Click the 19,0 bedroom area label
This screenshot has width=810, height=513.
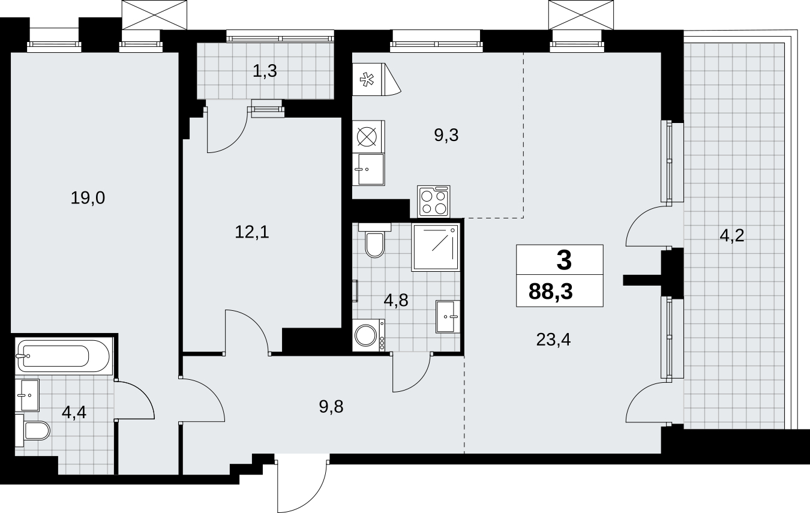point(88,198)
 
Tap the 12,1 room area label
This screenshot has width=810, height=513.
point(252,232)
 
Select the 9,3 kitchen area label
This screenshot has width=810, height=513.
point(446,135)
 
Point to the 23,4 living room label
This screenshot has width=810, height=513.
point(553,340)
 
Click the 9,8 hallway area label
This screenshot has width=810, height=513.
point(331,407)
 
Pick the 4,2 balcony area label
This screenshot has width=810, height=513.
point(732,236)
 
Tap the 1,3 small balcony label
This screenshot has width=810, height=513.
point(265,71)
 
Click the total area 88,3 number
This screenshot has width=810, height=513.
point(551,292)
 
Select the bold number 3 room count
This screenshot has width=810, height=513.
point(564,260)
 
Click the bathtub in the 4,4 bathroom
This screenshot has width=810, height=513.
point(64,356)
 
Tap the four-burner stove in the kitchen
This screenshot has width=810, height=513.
point(434,202)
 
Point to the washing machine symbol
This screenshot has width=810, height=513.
point(368,335)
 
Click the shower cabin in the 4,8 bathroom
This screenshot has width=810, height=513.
point(436,247)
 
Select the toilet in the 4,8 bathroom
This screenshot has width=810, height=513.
point(375,241)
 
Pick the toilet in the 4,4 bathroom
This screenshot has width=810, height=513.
point(32,430)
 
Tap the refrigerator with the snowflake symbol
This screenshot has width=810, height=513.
point(376,80)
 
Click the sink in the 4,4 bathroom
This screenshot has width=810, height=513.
point(27,395)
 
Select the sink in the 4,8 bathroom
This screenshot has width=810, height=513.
point(448,317)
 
